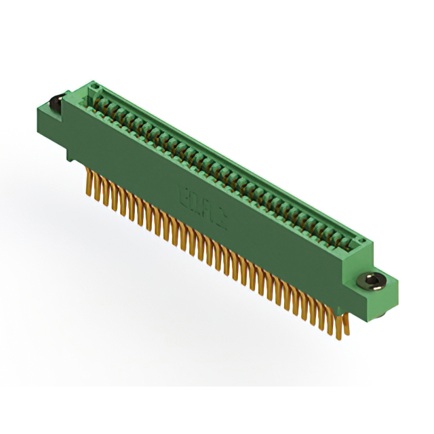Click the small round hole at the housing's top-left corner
[x=96, y=86]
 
